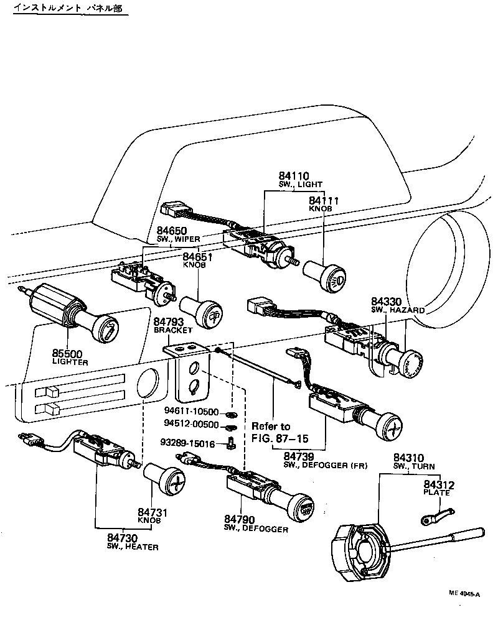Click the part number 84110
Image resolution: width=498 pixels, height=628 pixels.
[x=294, y=177]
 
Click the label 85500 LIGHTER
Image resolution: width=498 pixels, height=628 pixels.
[x=70, y=357]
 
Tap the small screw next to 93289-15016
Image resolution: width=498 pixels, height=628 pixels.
[x=232, y=443]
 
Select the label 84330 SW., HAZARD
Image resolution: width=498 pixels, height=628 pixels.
[x=397, y=305]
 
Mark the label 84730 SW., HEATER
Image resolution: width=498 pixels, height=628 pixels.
[x=132, y=542]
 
